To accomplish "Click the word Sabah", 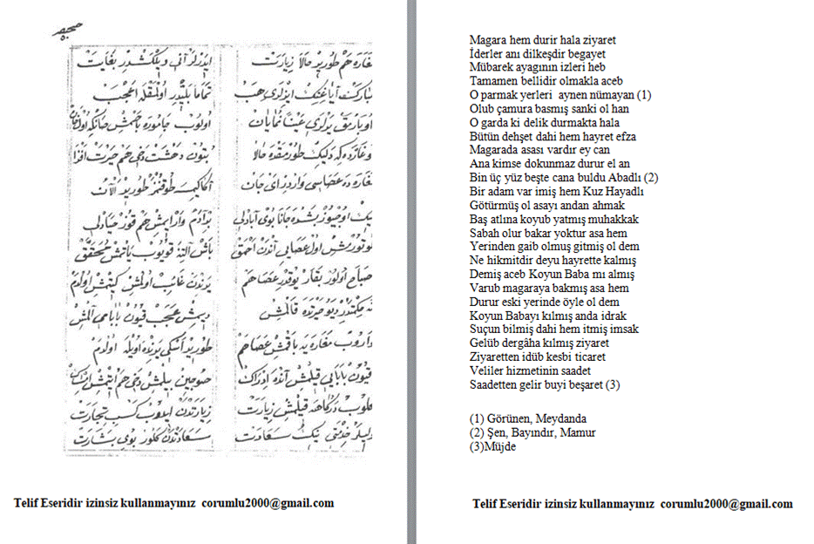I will point(484,234).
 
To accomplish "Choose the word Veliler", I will point(488,371).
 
